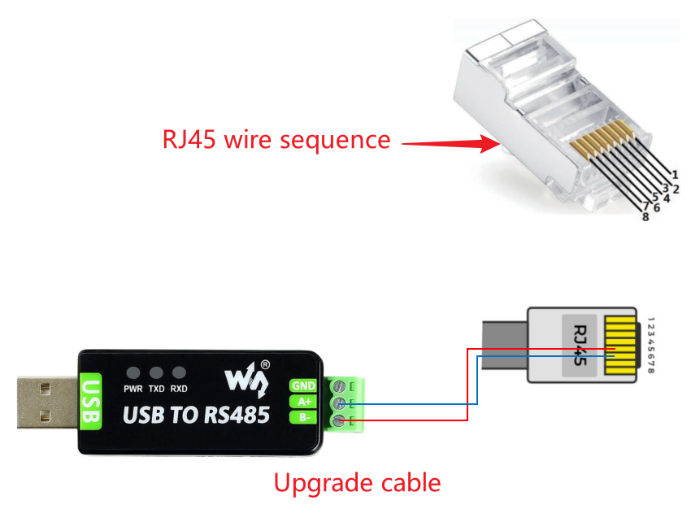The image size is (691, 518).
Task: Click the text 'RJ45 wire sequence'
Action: click(276, 139)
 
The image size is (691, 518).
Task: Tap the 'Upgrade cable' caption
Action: click(357, 483)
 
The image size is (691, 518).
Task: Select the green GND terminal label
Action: click(303, 385)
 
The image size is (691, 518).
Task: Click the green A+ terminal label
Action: click(303, 402)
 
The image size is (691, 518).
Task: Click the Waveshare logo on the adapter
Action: click(244, 375)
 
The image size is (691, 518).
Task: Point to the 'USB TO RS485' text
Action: click(196, 415)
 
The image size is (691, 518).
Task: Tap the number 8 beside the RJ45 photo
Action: click(645, 216)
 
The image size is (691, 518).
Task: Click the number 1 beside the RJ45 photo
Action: click(675, 173)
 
